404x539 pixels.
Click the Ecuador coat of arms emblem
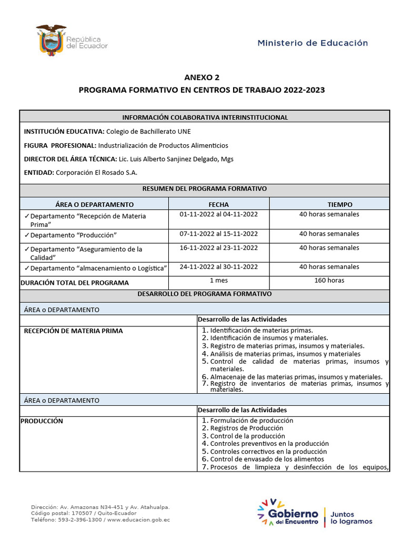click(51, 39)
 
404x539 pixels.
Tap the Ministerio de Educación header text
click(312, 43)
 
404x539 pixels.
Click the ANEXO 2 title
click(201, 77)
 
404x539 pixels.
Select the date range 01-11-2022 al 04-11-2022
click(218, 214)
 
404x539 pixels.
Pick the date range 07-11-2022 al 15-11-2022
click(218, 234)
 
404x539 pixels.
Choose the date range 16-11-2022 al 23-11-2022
click(218, 248)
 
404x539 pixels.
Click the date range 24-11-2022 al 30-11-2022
click(218, 267)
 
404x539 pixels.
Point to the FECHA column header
click(218, 204)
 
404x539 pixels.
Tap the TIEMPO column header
click(329, 204)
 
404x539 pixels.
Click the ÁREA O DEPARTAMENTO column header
click(94, 204)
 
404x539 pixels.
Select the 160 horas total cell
click(329, 281)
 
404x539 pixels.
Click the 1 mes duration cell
click(218, 281)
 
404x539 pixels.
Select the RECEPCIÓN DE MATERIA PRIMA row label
click(74, 331)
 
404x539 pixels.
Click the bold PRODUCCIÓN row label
click(42, 421)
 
